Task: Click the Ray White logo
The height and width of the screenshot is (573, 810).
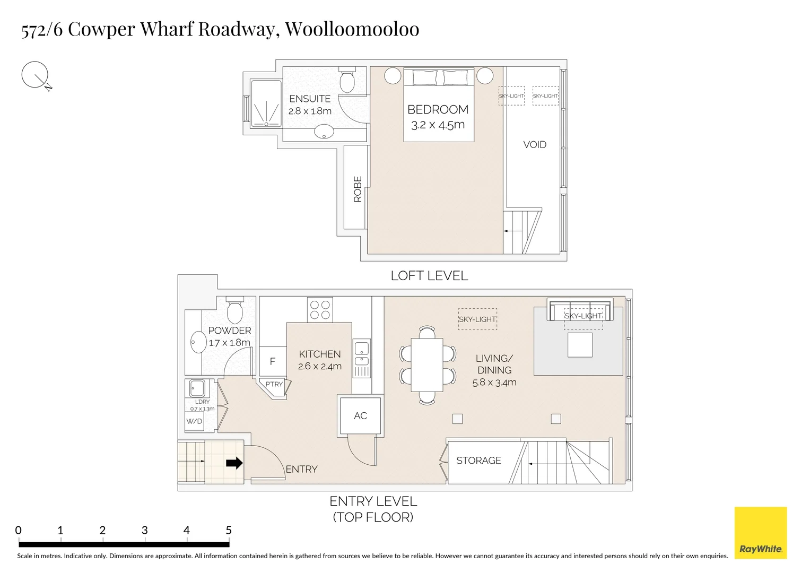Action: (760, 533)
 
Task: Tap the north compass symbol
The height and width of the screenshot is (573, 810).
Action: (35, 75)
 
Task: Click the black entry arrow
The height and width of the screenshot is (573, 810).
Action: (234, 463)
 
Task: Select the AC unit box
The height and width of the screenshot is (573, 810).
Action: (360, 415)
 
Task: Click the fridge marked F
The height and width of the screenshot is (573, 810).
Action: (273, 361)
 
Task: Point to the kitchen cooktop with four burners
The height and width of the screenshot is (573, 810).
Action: (320, 310)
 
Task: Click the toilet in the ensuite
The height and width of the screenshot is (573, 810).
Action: (347, 81)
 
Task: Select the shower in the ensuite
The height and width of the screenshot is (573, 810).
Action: (266, 103)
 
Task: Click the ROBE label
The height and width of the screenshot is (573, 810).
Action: (357, 189)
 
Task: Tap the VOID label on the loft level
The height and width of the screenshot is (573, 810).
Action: (534, 144)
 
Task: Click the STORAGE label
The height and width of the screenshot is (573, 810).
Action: (478, 461)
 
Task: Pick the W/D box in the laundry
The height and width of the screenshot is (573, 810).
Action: (194, 421)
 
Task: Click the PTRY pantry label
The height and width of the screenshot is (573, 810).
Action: (274, 384)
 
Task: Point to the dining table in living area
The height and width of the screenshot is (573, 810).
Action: (427, 364)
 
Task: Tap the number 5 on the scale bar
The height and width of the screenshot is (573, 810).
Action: (229, 530)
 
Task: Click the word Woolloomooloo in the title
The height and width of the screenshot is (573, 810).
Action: (352, 29)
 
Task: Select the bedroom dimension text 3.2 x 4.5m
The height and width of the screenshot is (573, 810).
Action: (438, 125)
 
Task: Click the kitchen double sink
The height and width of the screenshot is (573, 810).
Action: (361, 355)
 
